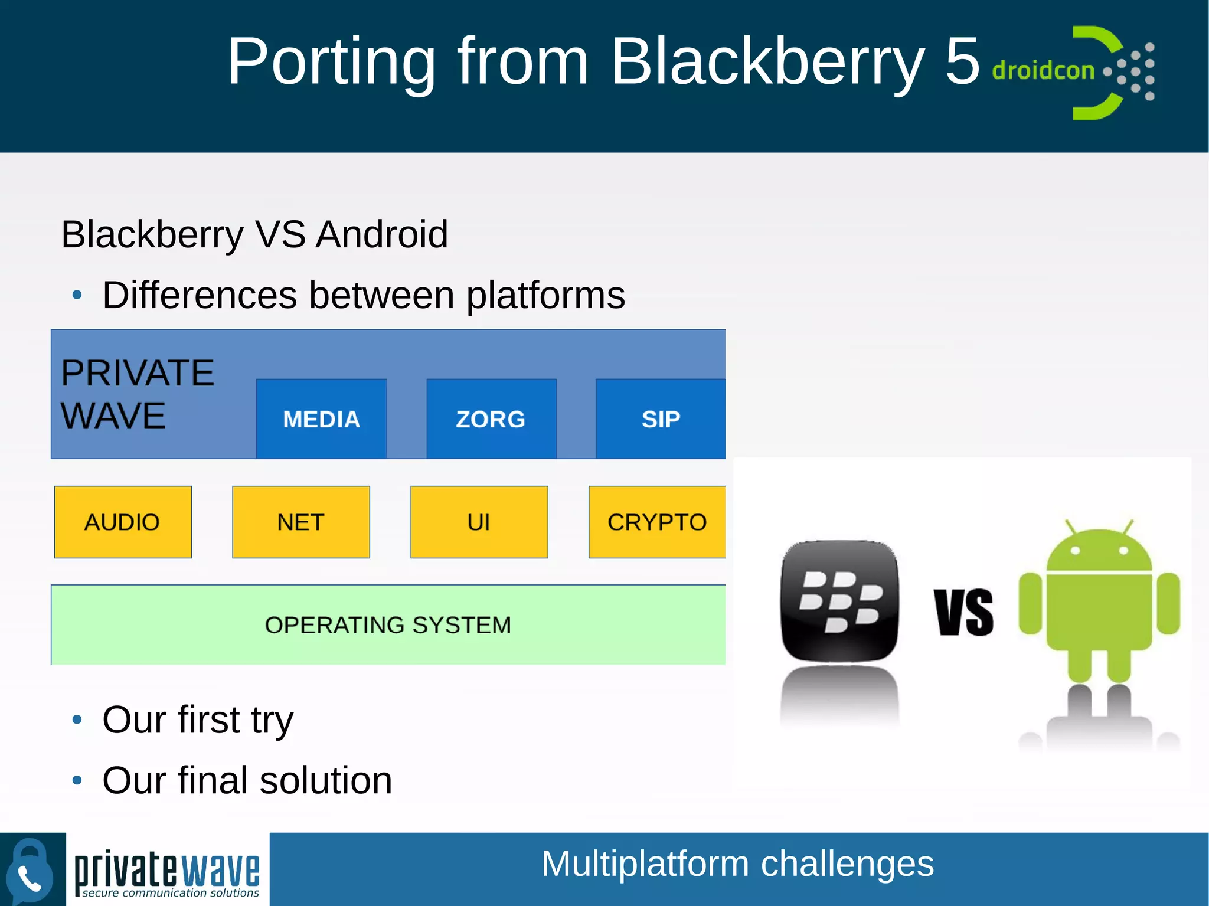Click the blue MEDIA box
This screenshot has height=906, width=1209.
click(321, 418)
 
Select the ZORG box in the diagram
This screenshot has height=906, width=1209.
click(491, 418)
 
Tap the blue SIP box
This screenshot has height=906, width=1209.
click(661, 418)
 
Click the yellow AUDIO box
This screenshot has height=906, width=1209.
click(123, 522)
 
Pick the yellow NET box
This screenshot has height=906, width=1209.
click(301, 522)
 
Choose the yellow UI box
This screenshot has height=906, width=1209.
click(479, 522)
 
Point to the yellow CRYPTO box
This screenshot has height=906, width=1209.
click(657, 522)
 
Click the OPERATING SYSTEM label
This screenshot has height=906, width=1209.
click(388, 624)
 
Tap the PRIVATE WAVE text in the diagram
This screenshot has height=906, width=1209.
click(137, 394)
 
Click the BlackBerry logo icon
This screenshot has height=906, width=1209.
click(839, 600)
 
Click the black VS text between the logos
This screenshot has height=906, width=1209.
click(963, 612)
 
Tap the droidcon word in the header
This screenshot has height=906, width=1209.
click(1043, 70)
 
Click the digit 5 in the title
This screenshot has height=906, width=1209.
click(962, 61)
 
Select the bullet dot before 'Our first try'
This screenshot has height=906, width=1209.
click(77, 719)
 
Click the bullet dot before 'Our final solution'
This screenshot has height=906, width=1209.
click(77, 780)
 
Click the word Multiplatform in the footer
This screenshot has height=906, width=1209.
click(645, 864)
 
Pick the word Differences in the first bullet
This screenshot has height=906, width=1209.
click(200, 295)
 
